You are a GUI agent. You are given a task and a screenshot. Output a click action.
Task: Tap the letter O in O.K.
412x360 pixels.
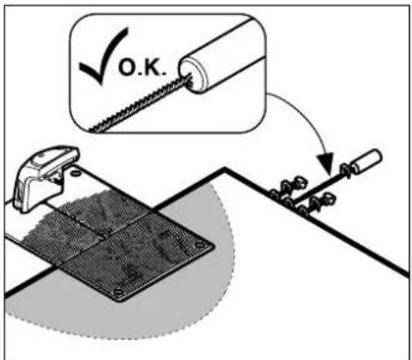click(x=127, y=68)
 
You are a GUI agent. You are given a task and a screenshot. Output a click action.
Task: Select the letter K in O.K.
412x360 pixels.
click(x=151, y=68)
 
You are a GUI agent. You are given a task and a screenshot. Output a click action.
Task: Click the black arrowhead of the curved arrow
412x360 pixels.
click(x=326, y=163)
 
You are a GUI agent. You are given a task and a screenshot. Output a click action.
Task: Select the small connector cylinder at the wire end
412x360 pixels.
click(x=367, y=161)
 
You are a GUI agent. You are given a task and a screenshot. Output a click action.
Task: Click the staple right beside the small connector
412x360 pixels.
click(x=345, y=171)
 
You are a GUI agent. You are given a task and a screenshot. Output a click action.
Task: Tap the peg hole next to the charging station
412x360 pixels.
click(x=75, y=174)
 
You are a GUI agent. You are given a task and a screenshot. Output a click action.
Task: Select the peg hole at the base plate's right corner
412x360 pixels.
click(x=201, y=245)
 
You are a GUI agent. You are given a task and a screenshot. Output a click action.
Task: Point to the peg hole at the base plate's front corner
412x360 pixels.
click(x=119, y=292)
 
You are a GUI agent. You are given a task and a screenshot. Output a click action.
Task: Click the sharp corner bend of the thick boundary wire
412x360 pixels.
click(x=225, y=168)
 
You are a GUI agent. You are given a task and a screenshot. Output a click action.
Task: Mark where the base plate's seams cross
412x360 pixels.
click(x=105, y=235)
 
